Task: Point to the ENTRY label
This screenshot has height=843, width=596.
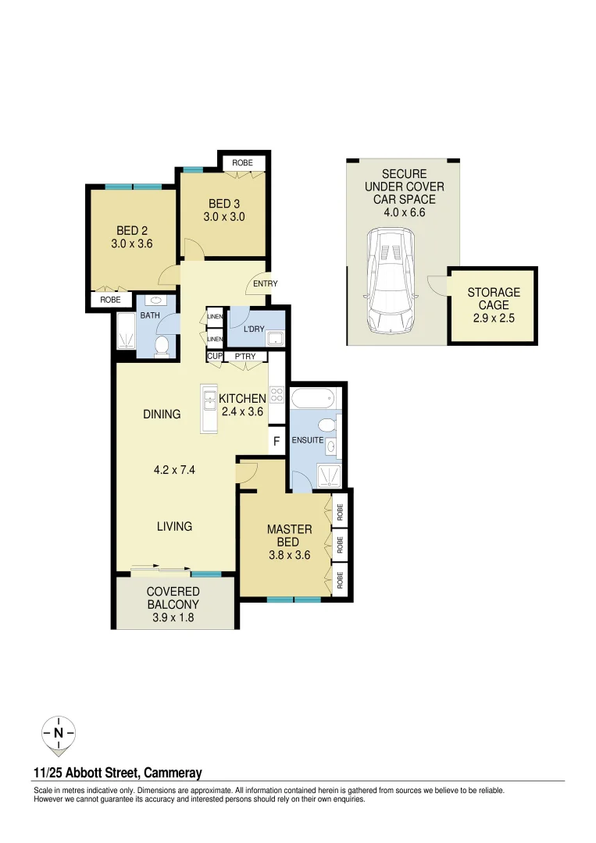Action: [265, 283]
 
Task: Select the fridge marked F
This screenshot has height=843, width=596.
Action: [276, 442]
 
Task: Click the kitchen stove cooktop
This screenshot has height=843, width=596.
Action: [277, 394]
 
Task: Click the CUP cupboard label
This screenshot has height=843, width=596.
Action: [214, 357]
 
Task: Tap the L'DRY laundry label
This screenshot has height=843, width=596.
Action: [254, 329]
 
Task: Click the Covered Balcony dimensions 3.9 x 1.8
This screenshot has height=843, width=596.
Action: [173, 617]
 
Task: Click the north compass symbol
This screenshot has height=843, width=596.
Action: [59, 733]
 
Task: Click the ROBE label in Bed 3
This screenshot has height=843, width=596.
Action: [243, 162]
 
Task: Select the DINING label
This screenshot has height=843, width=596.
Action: [162, 414]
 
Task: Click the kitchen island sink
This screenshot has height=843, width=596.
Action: [209, 401]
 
